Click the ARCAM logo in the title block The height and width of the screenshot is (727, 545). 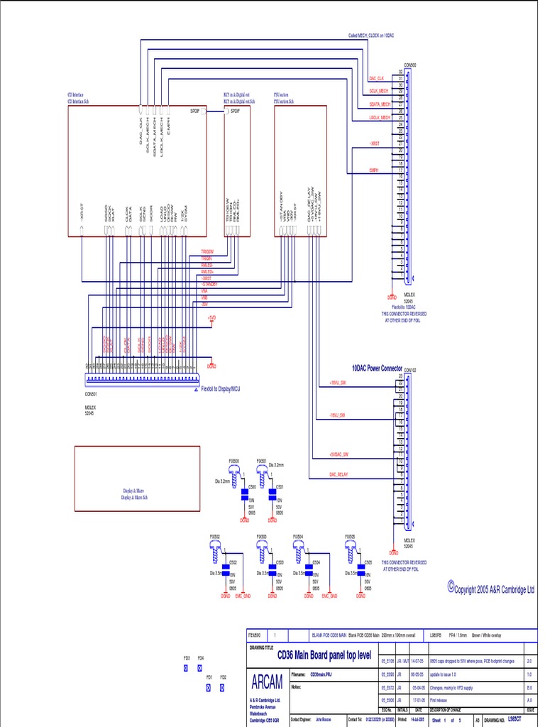click(x=267, y=682)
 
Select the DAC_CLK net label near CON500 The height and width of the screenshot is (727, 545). click(x=377, y=77)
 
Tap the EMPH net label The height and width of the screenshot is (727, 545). click(x=373, y=170)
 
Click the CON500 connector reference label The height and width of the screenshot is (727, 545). click(x=410, y=64)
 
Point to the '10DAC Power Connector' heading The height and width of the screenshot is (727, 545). click(x=376, y=368)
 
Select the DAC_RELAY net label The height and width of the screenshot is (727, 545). click(x=338, y=474)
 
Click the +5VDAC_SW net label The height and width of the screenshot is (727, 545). click(x=340, y=454)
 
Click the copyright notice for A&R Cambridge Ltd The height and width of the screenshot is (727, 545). click(x=491, y=589)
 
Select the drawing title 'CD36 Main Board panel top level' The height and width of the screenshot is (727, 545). click(x=314, y=656)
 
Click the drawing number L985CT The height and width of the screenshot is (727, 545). click(x=516, y=720)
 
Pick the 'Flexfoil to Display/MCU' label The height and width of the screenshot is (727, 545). click(x=221, y=389)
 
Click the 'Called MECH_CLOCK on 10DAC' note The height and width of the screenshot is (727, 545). click(x=373, y=35)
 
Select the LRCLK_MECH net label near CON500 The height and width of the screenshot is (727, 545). click(x=380, y=117)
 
